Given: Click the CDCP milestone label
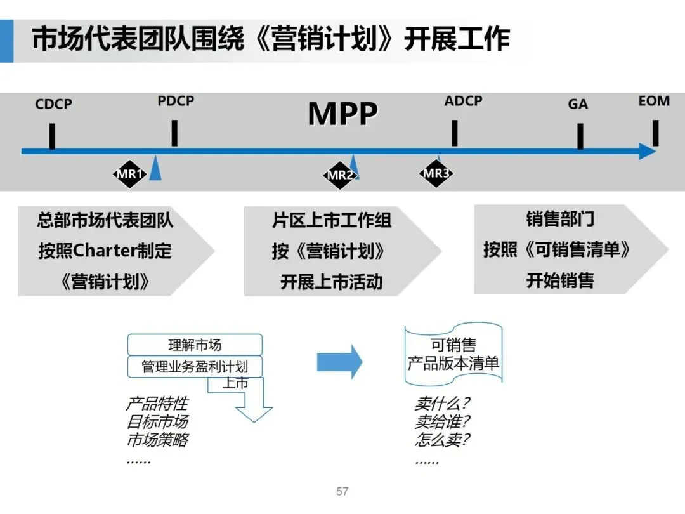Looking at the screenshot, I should [x=53, y=104].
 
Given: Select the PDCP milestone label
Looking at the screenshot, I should [x=176, y=101].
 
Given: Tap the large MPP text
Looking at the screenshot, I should [x=342, y=114].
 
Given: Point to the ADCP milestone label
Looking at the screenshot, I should [x=463, y=101].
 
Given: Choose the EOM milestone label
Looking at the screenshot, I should [x=654, y=101].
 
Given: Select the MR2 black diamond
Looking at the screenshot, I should [x=339, y=175].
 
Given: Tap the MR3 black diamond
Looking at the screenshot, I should [x=436, y=173].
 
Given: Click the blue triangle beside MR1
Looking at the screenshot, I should [x=155, y=171].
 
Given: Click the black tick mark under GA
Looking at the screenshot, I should [x=580, y=136].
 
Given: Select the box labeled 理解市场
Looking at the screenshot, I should [x=195, y=345].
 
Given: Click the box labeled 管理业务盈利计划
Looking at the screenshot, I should [x=195, y=367].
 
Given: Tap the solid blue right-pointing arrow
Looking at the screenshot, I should [x=339, y=362].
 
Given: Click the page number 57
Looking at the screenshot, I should [x=342, y=492].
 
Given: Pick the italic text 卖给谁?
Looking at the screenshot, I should [x=442, y=421].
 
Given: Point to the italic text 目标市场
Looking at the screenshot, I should [x=157, y=421].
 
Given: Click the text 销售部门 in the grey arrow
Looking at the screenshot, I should [x=560, y=220].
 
